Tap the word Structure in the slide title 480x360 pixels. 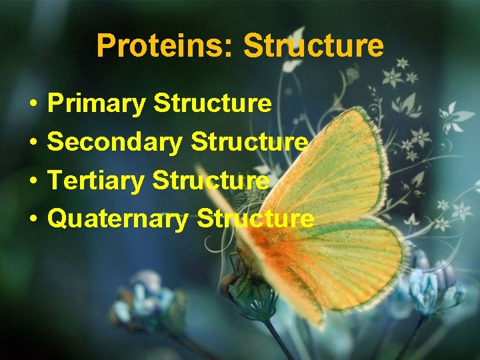(313, 46)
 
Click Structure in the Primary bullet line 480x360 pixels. (212, 104)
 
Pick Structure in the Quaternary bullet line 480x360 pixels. (255, 218)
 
